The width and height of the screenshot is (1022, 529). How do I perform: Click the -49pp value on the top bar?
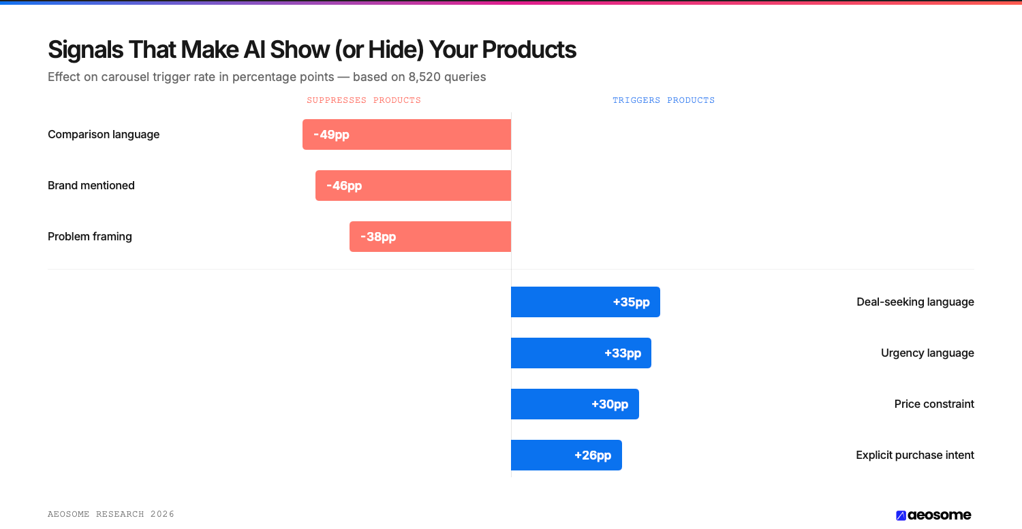[x=331, y=135]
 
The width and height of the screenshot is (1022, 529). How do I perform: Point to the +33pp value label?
[x=623, y=353]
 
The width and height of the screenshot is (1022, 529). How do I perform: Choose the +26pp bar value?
[x=593, y=455]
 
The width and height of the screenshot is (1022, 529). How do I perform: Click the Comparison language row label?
[x=104, y=135]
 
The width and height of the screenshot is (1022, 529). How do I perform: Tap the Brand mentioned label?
[x=91, y=186]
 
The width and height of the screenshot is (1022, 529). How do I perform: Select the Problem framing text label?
[x=90, y=237]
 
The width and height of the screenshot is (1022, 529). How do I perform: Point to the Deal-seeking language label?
[x=915, y=302]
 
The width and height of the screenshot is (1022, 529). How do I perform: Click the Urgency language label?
[x=927, y=353]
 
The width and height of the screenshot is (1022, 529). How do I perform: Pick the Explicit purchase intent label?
[x=915, y=455]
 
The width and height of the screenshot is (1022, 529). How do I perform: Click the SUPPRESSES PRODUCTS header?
[x=364, y=100]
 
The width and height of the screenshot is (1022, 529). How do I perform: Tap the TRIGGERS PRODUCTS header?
[x=664, y=100]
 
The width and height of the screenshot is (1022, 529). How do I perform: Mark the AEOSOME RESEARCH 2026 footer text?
[x=111, y=514]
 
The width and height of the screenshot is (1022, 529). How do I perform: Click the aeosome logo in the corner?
[x=933, y=515]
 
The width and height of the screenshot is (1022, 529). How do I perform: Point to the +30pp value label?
[x=610, y=404]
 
